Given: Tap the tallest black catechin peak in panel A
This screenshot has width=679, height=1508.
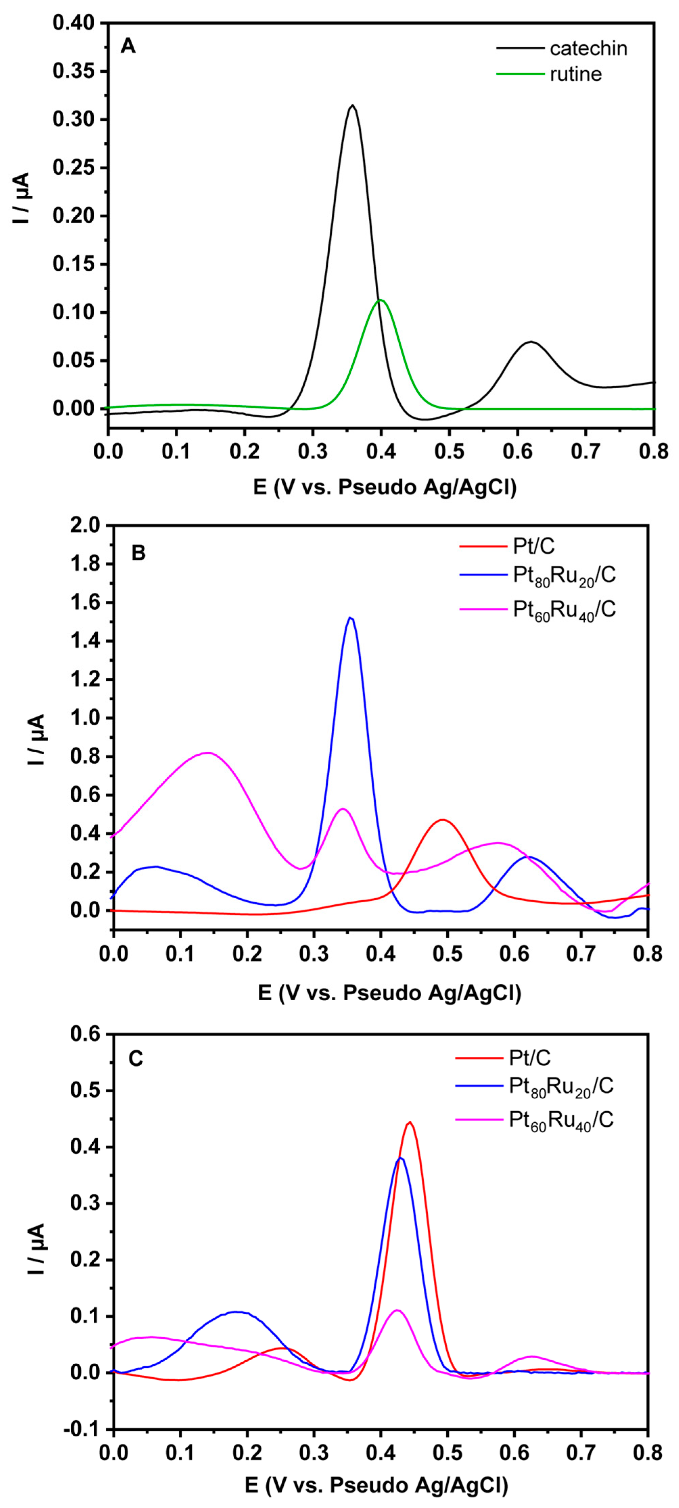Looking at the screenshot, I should (352, 106).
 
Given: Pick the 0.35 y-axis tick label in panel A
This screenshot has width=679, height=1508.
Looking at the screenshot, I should (73, 71).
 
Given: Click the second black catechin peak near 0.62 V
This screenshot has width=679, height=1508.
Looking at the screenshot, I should (531, 342).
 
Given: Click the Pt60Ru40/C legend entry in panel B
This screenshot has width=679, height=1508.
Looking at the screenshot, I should (564, 610).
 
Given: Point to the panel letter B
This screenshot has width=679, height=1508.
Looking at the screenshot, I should (138, 553).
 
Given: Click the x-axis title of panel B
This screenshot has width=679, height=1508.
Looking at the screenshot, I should (389, 993).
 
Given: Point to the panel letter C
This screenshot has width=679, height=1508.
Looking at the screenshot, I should (135, 1059).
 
